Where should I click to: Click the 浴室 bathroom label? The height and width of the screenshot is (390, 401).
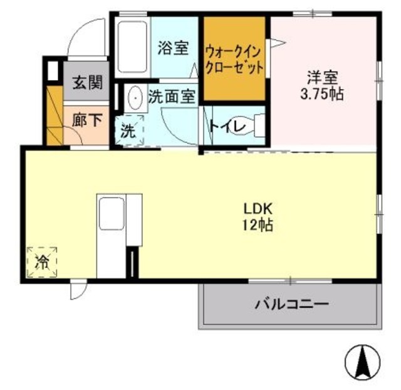click(174, 48)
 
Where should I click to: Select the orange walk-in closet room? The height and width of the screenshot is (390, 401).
click(234, 60)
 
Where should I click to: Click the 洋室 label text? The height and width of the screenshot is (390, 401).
click(322, 80)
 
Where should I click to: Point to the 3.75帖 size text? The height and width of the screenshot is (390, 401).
click(322, 95)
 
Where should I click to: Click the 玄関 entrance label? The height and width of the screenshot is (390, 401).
click(86, 83)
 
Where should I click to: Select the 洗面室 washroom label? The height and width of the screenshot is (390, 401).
click(172, 97)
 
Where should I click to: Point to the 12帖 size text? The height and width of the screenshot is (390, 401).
click(256, 226)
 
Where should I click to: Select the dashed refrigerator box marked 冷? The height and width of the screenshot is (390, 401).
click(43, 261)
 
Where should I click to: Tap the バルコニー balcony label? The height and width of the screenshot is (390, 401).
click(291, 305)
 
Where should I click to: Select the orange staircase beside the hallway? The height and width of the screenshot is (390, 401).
click(54, 116)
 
